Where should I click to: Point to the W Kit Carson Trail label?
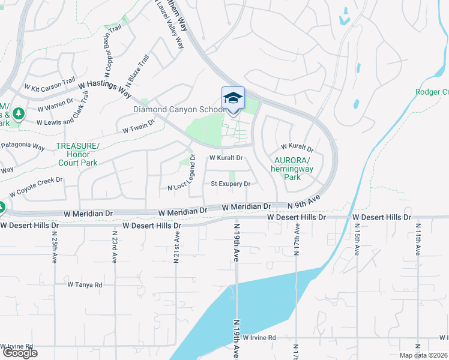coord(50,83)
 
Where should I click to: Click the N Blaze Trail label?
coord(136,70)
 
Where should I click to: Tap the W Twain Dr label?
coord(138,125)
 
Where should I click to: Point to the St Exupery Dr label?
coord(230,184)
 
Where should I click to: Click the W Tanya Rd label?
coord(85,285)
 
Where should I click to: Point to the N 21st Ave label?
coord(176,247)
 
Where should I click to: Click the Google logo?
coord(19,353)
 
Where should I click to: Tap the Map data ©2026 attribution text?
coord(423,355)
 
